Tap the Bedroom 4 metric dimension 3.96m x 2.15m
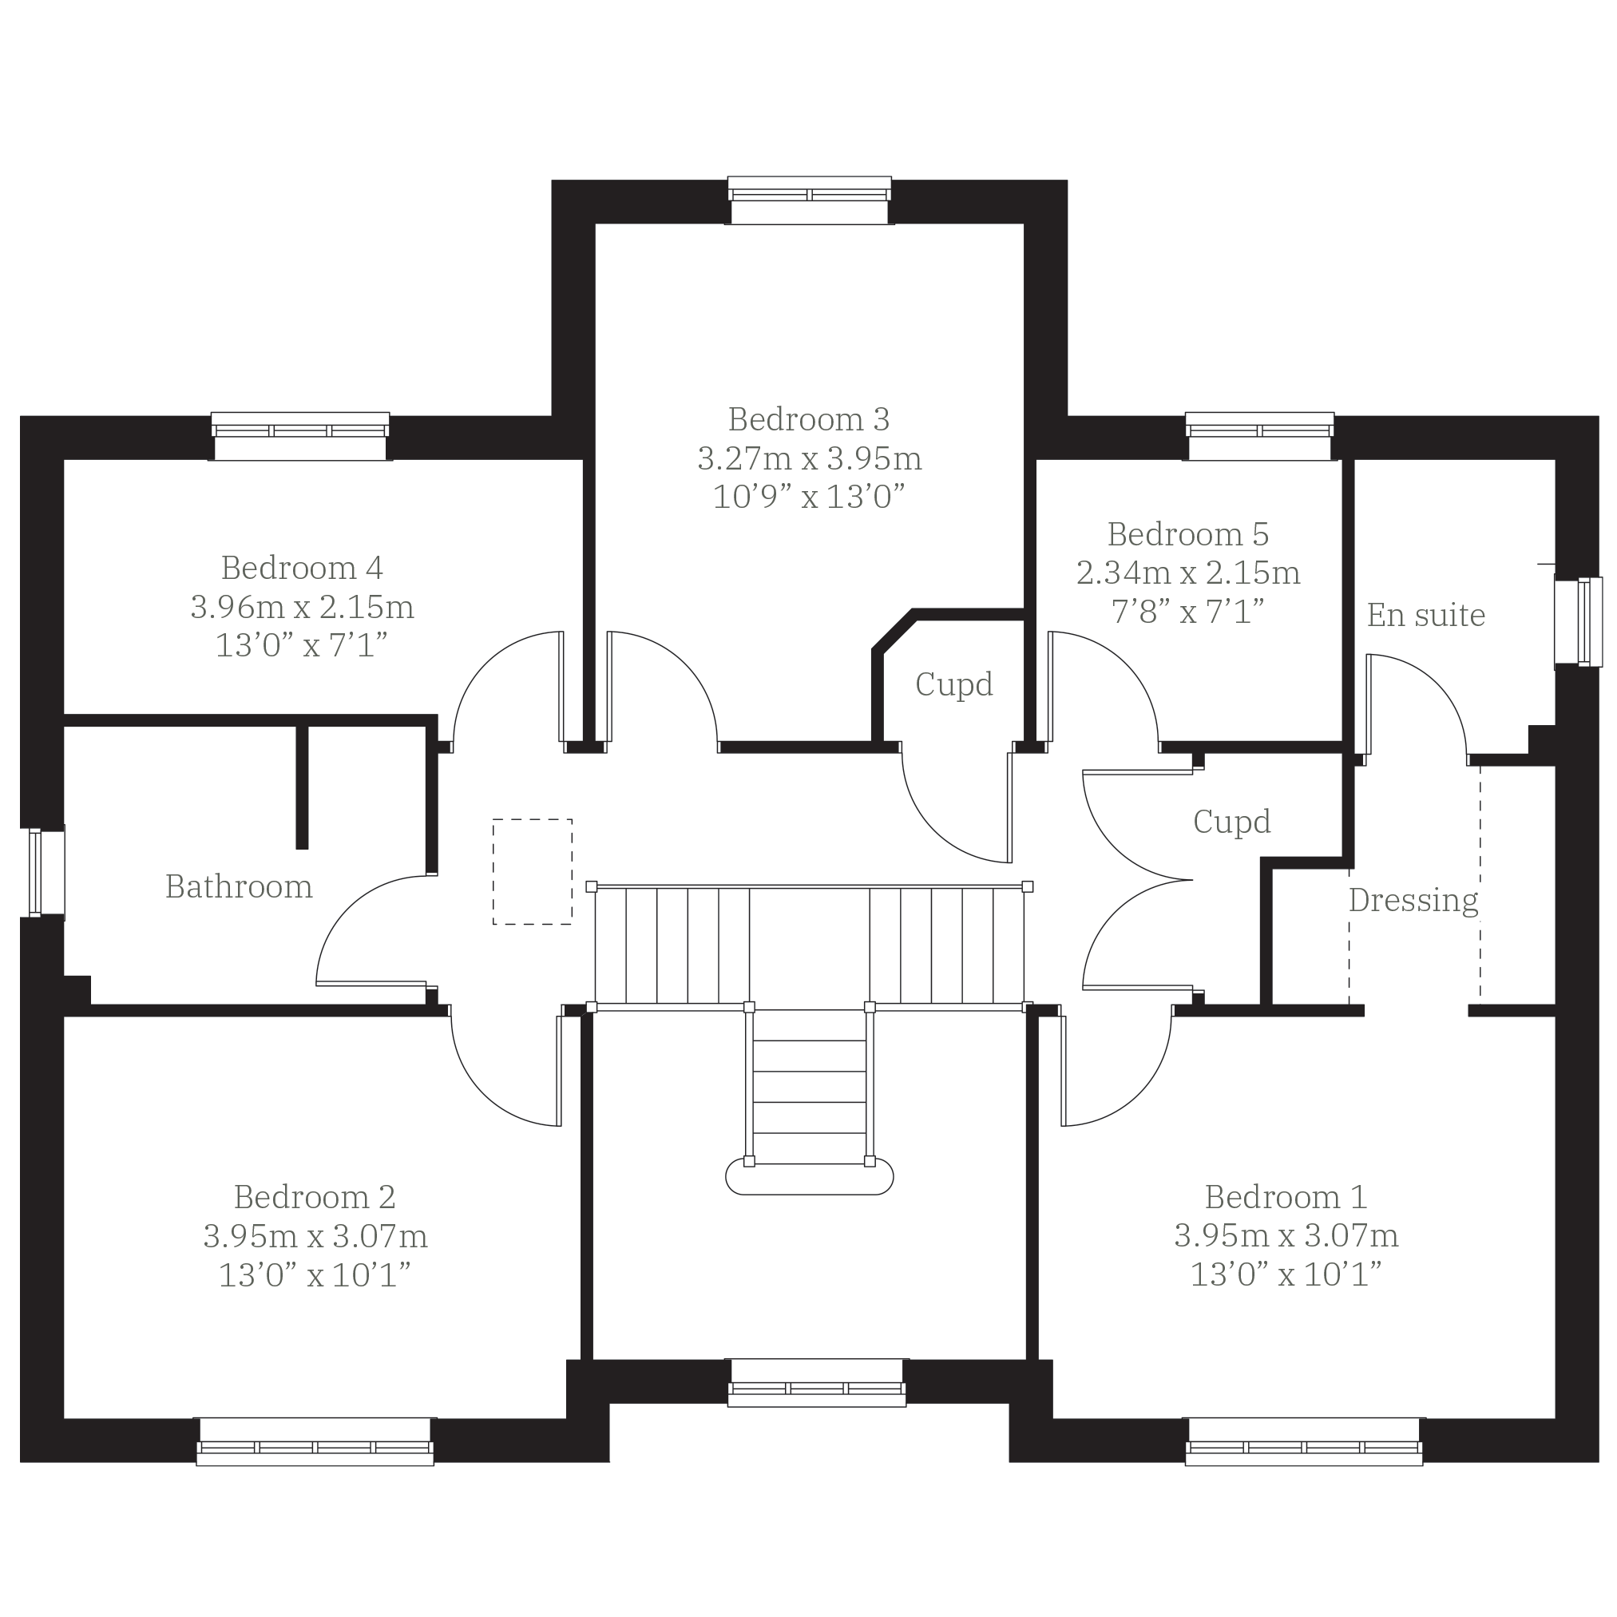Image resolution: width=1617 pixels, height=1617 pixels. coord(302,607)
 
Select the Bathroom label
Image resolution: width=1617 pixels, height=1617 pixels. coord(239,886)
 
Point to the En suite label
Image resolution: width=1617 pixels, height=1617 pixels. coord(1426,615)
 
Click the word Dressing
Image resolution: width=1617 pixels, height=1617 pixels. coord(1413,901)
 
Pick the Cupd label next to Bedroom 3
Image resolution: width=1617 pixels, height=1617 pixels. coord(954,684)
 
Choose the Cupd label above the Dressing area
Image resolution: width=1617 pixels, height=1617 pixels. coord(1232,822)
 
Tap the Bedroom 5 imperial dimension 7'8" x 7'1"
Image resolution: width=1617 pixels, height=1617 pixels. coord(1187,612)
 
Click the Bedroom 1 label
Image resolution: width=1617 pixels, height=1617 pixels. coord(1286,1197)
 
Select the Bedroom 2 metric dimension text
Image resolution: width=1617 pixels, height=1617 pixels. coord(315,1236)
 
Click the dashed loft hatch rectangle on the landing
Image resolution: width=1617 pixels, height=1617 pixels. coord(533,871)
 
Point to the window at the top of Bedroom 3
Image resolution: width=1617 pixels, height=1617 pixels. coord(810,200)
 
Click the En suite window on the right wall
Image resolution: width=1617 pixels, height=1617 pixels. coord(1578,622)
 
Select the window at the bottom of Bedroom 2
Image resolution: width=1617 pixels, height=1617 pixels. coord(315,1441)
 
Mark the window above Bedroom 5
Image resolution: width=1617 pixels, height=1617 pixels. coord(1259,436)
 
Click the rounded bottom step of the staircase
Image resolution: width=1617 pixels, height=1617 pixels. coord(810,1179)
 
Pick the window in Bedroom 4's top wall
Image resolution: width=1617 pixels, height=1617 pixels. coord(300,436)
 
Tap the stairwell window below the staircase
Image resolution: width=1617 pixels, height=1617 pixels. coord(817,1383)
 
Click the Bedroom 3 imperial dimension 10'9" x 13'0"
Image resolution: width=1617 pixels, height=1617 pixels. coord(810,497)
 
